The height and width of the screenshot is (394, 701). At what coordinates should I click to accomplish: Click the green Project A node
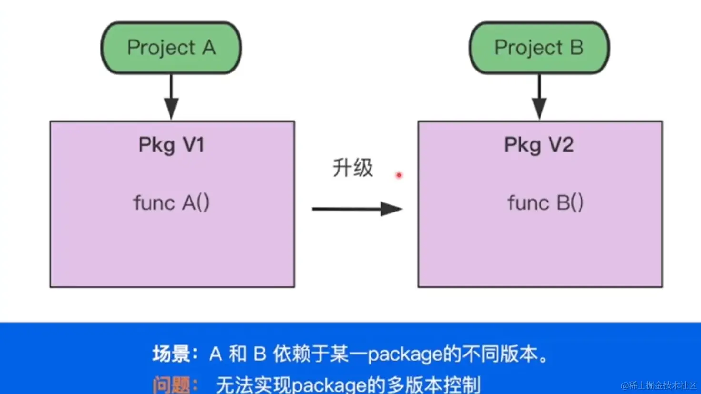[x=171, y=48]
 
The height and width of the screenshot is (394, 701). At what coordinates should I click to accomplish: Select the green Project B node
[x=539, y=48]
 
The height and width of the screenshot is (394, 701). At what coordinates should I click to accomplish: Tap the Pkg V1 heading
[x=171, y=145]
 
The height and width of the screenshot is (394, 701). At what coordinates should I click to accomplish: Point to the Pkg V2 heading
[x=539, y=145]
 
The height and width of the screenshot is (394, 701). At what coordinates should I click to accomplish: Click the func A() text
[x=171, y=203]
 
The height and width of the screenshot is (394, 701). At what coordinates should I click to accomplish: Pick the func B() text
[x=545, y=203]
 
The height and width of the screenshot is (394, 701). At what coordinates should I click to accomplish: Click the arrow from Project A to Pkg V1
[x=171, y=98]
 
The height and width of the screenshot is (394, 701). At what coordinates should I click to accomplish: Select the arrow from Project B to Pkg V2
[x=539, y=98]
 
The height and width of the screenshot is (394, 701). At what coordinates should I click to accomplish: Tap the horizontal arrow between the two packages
[x=357, y=209]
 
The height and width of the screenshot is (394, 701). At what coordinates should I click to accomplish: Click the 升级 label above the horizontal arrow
[x=352, y=168]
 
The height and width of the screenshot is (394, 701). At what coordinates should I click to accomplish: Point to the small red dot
[x=399, y=175]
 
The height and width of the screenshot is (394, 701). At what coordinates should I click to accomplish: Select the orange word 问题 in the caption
[x=171, y=384]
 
